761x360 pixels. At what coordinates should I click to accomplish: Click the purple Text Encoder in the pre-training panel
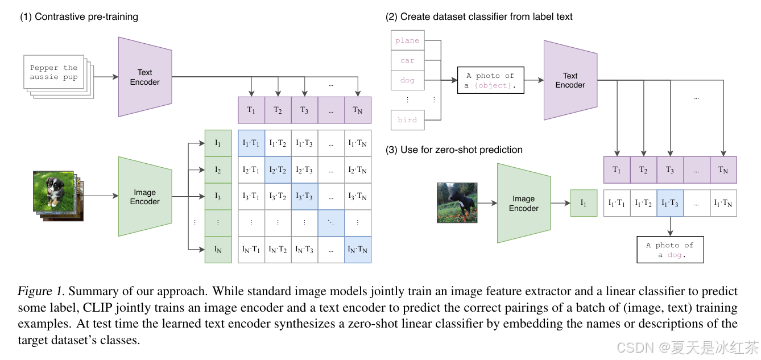click(145, 77)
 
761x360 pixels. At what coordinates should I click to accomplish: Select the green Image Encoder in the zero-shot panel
click(524, 204)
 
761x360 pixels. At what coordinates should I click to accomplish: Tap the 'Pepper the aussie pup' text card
click(54, 72)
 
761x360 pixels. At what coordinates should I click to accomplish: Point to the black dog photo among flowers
click(457, 202)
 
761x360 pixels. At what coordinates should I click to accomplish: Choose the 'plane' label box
click(407, 41)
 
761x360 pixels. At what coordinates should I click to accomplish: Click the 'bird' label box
click(407, 120)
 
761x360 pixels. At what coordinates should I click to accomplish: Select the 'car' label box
click(407, 60)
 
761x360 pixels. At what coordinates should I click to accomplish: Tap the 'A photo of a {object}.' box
click(490, 80)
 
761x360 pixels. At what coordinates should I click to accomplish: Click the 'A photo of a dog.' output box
click(669, 250)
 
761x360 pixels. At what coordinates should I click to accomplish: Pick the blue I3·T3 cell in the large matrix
click(305, 196)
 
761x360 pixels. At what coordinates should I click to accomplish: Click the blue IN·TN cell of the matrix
click(358, 249)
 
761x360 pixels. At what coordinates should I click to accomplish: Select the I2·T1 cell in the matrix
click(251, 169)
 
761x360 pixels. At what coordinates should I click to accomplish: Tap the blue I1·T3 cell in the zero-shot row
click(670, 203)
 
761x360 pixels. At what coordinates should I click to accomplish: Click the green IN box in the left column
click(218, 249)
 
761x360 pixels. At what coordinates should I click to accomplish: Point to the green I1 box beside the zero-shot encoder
click(584, 203)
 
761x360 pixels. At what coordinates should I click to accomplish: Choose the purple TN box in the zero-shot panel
click(723, 169)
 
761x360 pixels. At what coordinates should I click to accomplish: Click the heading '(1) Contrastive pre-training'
click(79, 16)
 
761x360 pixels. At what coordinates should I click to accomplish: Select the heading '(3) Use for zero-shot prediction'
click(454, 150)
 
